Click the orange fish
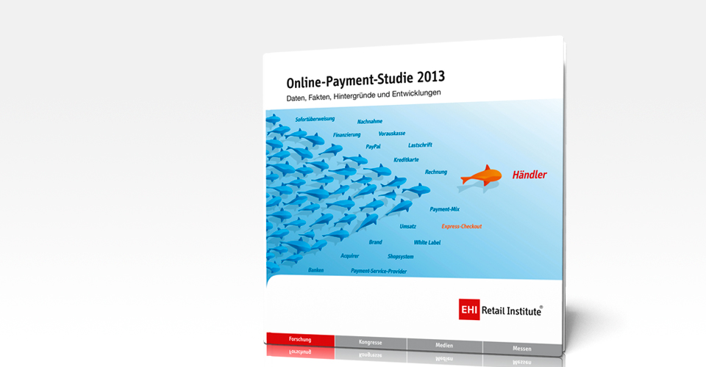point(481,175)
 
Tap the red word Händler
point(529,175)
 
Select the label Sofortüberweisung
point(315,119)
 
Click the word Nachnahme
point(370,121)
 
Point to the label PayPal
point(373,147)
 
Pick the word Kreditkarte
point(406,159)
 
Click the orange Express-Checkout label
point(462,226)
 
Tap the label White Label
point(427,242)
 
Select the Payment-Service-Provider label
point(379,271)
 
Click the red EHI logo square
point(469,310)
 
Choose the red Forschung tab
point(300,340)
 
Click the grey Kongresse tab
point(371,342)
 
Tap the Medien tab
point(444,346)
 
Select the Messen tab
point(522,349)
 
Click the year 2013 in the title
point(431,78)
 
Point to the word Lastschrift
point(420,145)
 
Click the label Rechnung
point(436,172)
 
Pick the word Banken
point(315,270)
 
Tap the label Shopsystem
point(400,256)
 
